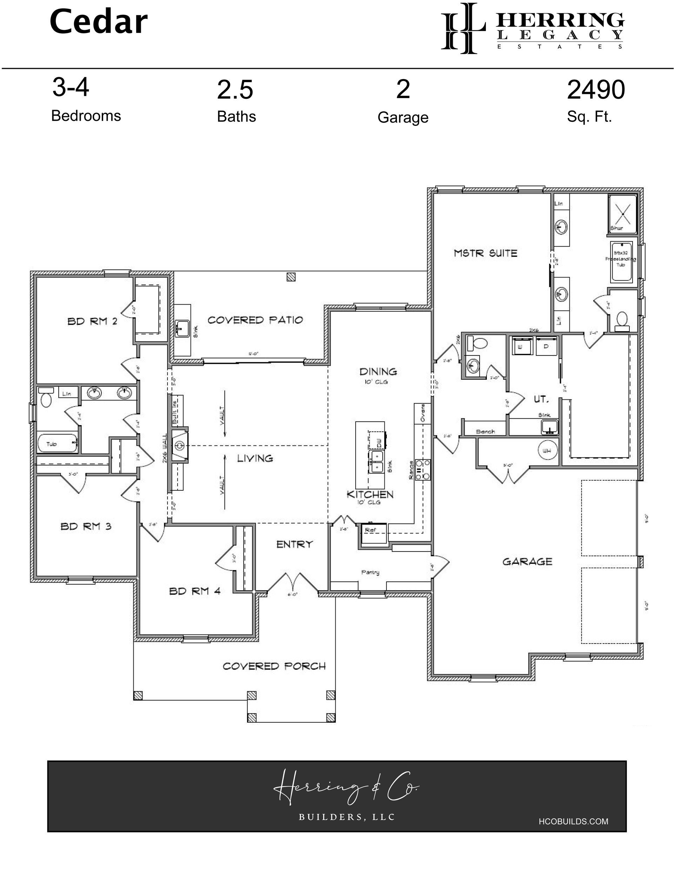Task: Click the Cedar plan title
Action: pyautogui.click(x=98, y=23)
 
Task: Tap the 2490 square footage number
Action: pyautogui.click(x=595, y=90)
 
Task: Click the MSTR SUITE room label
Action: pyautogui.click(x=485, y=253)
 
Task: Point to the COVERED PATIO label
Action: pyautogui.click(x=255, y=320)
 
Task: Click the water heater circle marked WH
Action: pyautogui.click(x=547, y=450)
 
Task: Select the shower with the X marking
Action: pyautogui.click(x=623, y=214)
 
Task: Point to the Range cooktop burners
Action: pyautogui.click(x=423, y=470)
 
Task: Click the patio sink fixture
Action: pyautogui.click(x=182, y=328)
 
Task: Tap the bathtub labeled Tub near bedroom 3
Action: pyautogui.click(x=57, y=444)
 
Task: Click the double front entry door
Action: pyautogui.click(x=293, y=584)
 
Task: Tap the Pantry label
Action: pyautogui.click(x=370, y=572)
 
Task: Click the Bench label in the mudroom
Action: pyautogui.click(x=485, y=432)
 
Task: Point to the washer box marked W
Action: pyautogui.click(x=521, y=346)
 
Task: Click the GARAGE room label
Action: pyautogui.click(x=527, y=562)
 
